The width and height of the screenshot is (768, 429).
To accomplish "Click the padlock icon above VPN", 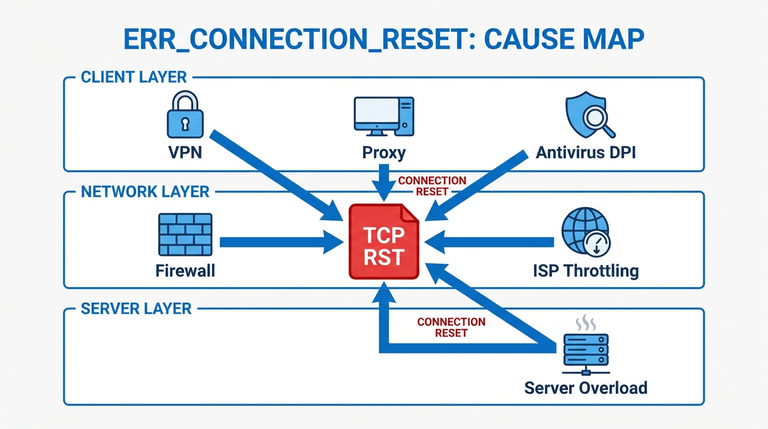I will click(185, 116).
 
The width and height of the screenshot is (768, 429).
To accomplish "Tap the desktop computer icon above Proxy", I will click(383, 117).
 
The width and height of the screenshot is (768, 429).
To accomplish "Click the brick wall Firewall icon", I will click(185, 235).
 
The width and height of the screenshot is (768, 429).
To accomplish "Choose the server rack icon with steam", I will click(585, 346).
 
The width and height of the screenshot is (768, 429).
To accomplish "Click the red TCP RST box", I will click(384, 242).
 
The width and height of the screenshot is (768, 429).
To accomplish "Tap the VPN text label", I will click(185, 152).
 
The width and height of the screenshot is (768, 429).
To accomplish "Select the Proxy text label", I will click(383, 152).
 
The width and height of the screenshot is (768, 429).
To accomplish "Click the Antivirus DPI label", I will click(585, 152).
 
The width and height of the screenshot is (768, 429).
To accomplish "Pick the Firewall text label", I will click(185, 271).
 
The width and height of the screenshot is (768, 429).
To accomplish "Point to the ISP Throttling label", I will click(585, 271).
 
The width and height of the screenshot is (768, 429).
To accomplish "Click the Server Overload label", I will click(585, 387).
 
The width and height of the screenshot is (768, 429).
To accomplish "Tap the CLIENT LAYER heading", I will click(134, 77).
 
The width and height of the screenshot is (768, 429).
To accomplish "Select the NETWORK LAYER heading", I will click(145, 192).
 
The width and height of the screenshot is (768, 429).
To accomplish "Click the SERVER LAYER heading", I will click(136, 308).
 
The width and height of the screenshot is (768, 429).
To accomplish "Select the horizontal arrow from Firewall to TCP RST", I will click(279, 242).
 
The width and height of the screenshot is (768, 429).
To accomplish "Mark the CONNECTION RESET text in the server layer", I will click(451, 327).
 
